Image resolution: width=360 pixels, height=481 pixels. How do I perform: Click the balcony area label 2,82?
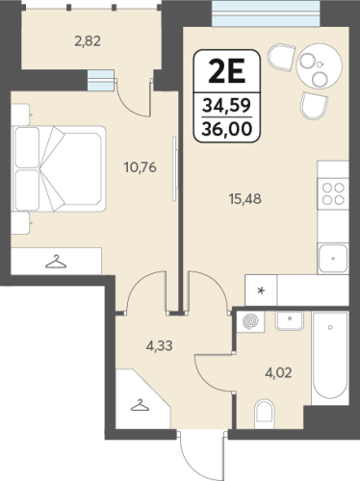click(88, 41)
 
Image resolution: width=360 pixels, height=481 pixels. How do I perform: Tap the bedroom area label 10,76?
click(141, 167)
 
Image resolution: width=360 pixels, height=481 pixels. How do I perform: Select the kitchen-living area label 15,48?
click(245, 199)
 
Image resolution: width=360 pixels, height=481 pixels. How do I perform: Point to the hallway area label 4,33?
click(159, 346)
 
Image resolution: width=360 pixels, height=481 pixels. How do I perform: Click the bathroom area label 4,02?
click(278, 373)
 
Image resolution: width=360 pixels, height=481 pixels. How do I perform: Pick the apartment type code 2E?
click(227, 71)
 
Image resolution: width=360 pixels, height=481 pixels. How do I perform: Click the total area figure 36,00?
click(227, 129)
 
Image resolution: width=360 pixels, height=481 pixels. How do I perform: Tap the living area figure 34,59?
click(227, 106)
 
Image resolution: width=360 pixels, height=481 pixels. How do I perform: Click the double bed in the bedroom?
click(59, 168)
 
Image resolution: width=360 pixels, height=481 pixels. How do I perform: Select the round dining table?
click(320, 66)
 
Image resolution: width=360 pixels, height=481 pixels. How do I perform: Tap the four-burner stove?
click(333, 193)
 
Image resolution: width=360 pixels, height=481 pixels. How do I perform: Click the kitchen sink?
click(333, 259)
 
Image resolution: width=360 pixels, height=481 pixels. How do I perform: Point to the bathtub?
click(330, 358)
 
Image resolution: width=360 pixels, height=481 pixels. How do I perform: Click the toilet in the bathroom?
click(265, 414)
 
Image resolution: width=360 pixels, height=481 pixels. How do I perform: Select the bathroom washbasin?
click(290, 320)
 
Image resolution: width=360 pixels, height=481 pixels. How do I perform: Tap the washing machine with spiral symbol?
click(250, 321)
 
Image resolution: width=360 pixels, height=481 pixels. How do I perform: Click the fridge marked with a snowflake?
click(261, 291)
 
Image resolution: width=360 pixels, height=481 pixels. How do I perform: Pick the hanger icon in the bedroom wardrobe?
click(56, 262)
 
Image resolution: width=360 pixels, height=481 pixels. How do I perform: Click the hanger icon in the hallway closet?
click(140, 405)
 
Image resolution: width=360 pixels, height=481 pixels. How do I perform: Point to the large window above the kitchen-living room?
click(266, 13)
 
